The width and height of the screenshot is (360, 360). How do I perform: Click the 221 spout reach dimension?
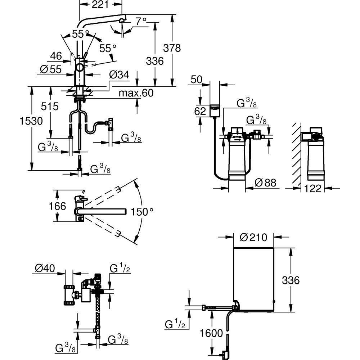pyautogui.click(x=100, y=4)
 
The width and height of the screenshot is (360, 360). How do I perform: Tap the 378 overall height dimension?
pyautogui.click(x=172, y=48)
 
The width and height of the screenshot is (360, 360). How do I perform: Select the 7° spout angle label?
pyautogui.click(x=141, y=21)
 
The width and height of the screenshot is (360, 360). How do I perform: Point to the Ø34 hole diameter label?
pyautogui.click(x=119, y=75)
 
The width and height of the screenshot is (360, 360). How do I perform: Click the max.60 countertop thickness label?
pyautogui.click(x=136, y=93)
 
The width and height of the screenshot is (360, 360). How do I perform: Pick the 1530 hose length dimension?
pyautogui.click(x=31, y=121)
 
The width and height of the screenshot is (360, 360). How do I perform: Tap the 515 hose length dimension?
pyautogui.click(x=50, y=107)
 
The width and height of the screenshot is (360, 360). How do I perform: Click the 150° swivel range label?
pyautogui.click(x=141, y=212)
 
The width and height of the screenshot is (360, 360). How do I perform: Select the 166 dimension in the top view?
pyautogui.click(x=57, y=206)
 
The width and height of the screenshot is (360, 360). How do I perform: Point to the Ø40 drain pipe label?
pyautogui.click(x=45, y=268)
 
